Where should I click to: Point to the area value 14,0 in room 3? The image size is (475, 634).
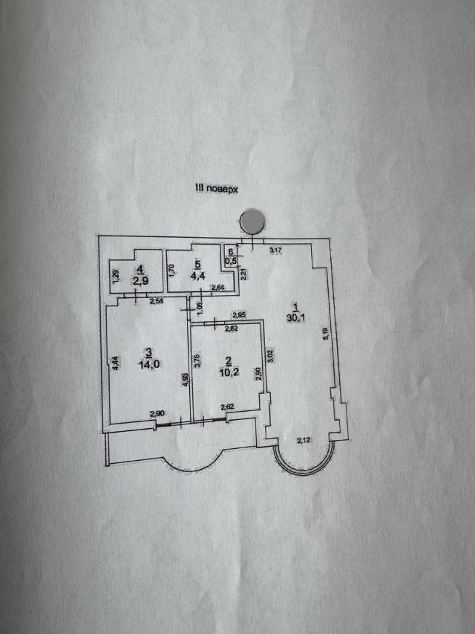150,363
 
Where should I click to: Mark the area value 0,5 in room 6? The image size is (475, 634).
232,261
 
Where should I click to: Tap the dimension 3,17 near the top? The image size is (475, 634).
276,250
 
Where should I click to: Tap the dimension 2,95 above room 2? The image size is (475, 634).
238,315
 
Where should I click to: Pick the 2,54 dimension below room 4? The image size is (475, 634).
156,301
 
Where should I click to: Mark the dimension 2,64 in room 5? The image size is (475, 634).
218,288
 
